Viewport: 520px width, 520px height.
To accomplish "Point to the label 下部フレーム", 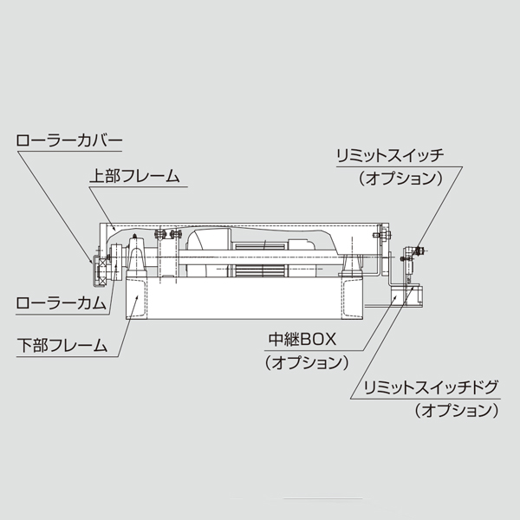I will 62,344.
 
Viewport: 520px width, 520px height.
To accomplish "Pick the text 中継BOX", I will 309,337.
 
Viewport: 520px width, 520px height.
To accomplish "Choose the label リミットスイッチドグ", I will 432,386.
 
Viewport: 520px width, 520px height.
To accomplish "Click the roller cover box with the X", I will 99,270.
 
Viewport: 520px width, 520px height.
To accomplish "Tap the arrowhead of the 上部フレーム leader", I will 115,228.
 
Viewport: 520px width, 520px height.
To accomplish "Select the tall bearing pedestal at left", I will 137,257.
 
